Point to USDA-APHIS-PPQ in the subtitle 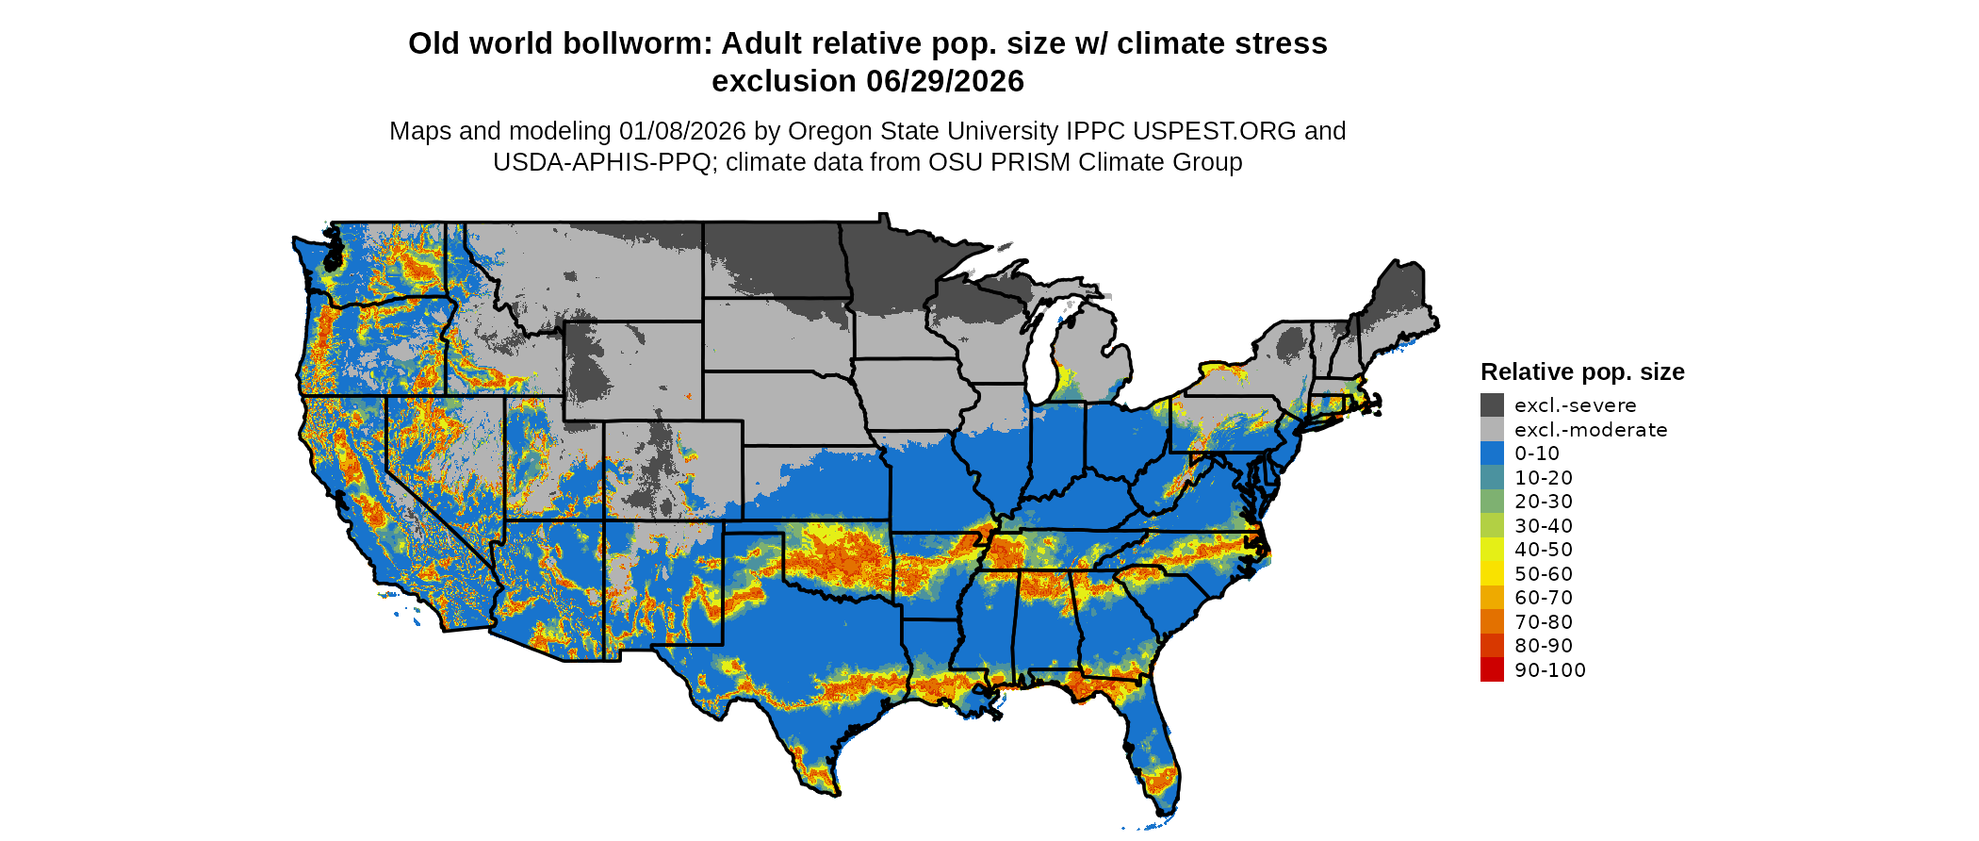(601, 163)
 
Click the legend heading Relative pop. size (1582, 372)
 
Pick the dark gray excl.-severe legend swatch (1492, 405)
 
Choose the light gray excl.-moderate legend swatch (1492, 430)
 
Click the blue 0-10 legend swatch (1492, 453)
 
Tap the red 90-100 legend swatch (1492, 669)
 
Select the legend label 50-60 (1544, 574)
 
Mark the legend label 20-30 (1544, 502)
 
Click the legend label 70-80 (1544, 622)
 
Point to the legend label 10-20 (1544, 478)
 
